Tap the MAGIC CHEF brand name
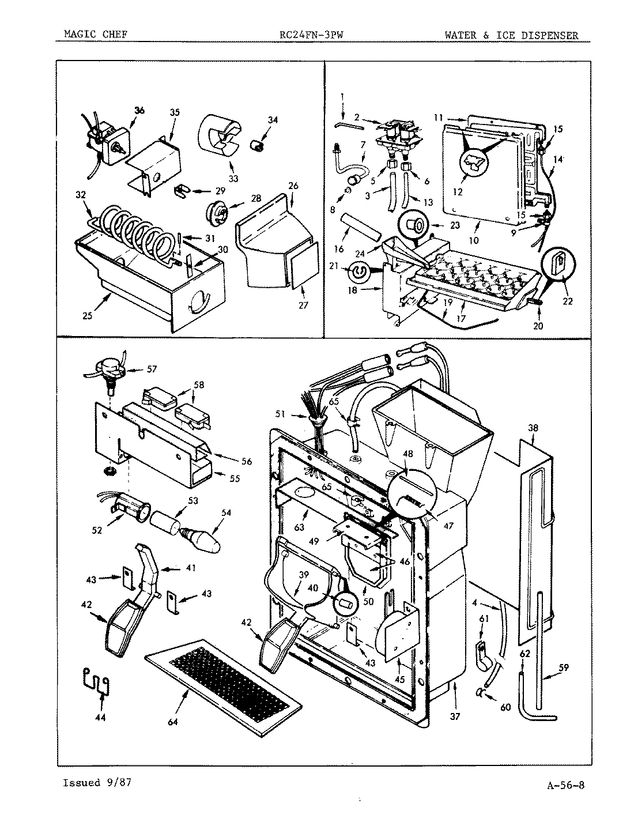tap(95, 36)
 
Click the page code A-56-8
tap(567, 785)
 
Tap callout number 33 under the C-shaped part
tap(233, 178)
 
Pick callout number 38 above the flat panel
tap(533, 428)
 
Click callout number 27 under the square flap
tap(304, 304)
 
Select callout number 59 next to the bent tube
tap(564, 667)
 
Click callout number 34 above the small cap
tap(273, 120)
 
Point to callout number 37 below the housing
tap(455, 700)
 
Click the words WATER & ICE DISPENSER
tap(511, 36)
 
